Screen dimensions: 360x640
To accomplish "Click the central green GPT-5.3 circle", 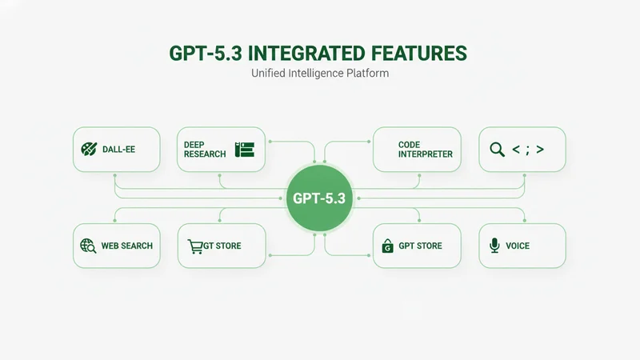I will coord(319,198).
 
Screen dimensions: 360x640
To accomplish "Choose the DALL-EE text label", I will coord(118,150).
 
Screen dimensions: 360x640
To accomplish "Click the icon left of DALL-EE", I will coord(89,149).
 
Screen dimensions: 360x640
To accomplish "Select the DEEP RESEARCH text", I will coord(205,150).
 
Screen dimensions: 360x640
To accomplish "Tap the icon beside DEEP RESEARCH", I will coord(244,150).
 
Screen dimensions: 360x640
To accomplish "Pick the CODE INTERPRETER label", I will coord(425,150).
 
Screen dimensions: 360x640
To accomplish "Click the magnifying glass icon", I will coord(497,149).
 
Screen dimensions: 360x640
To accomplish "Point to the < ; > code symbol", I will coord(528,149).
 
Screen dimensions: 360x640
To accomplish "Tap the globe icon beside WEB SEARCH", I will coord(88,246).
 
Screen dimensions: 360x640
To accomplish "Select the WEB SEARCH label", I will coord(127,246).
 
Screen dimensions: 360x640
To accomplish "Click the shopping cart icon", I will coord(194,246).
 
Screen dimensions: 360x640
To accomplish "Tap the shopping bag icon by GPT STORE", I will coord(388,246).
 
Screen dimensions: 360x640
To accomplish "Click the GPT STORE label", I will coord(420,246).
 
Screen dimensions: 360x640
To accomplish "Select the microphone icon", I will coord(494,246).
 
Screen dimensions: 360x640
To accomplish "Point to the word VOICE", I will coord(518,246).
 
